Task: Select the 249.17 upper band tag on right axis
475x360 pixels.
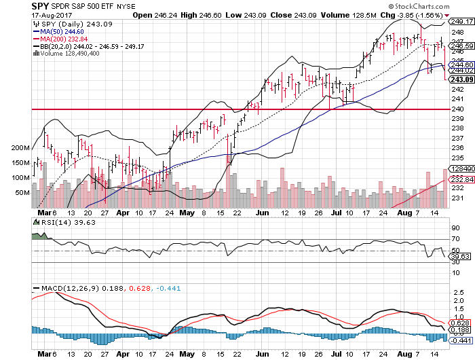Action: (x=459, y=21)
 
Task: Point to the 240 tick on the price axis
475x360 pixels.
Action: (x=455, y=109)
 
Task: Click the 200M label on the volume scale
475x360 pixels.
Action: (x=22, y=147)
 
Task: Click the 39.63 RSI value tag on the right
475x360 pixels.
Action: (x=458, y=256)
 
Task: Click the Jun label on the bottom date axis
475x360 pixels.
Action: (x=263, y=354)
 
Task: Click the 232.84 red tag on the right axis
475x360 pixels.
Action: (x=459, y=178)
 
